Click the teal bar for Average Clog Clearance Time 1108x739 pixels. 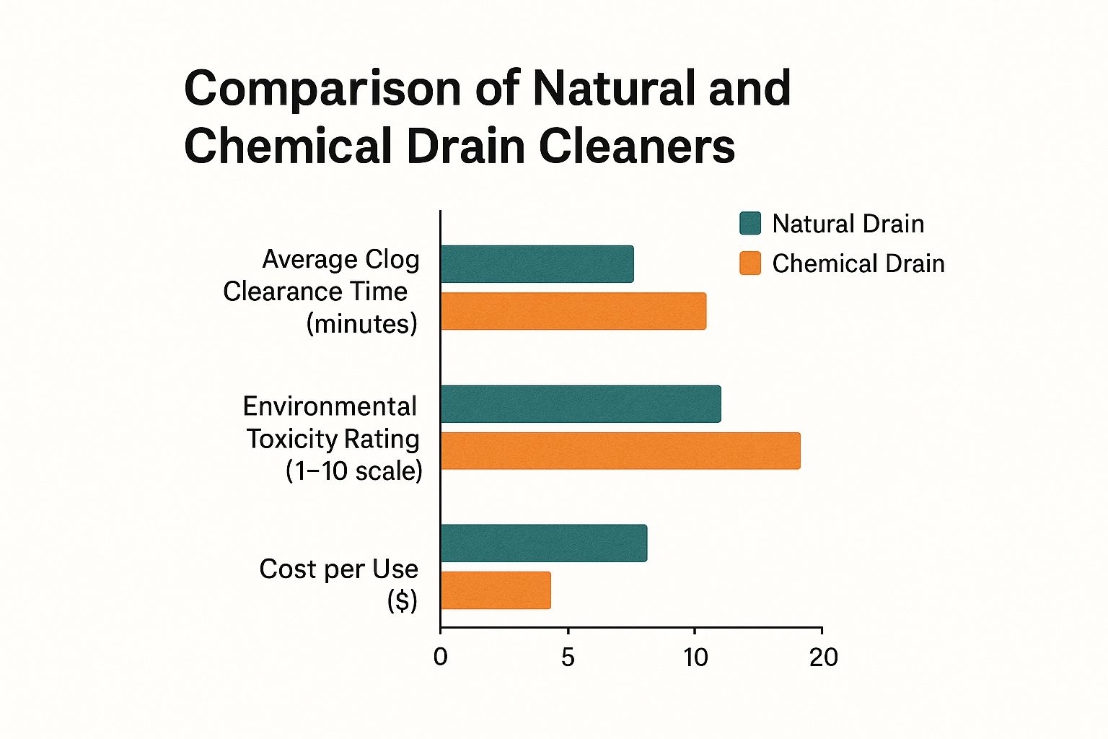click(x=537, y=264)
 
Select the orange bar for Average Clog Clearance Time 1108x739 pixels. click(x=573, y=311)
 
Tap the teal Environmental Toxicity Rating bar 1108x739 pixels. click(x=580, y=404)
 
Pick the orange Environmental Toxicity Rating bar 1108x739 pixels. click(x=620, y=451)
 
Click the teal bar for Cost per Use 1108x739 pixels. click(x=543, y=543)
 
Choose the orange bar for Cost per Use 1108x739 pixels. click(x=496, y=590)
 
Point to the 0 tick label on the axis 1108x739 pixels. click(x=440, y=657)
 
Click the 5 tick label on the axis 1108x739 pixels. click(x=568, y=657)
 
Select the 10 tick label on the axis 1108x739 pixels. click(x=695, y=657)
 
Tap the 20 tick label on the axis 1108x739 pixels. click(x=823, y=657)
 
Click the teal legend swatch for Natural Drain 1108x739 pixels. click(x=750, y=224)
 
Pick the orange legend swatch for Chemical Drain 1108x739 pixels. click(x=750, y=263)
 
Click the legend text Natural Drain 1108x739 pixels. click(x=848, y=224)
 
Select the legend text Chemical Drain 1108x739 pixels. click(x=858, y=263)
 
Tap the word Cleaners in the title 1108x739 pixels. click(x=636, y=147)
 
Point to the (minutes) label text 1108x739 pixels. click(x=361, y=323)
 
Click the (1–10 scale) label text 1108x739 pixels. click(x=353, y=471)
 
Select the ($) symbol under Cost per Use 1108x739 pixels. click(x=402, y=600)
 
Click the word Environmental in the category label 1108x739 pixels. click(x=330, y=406)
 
